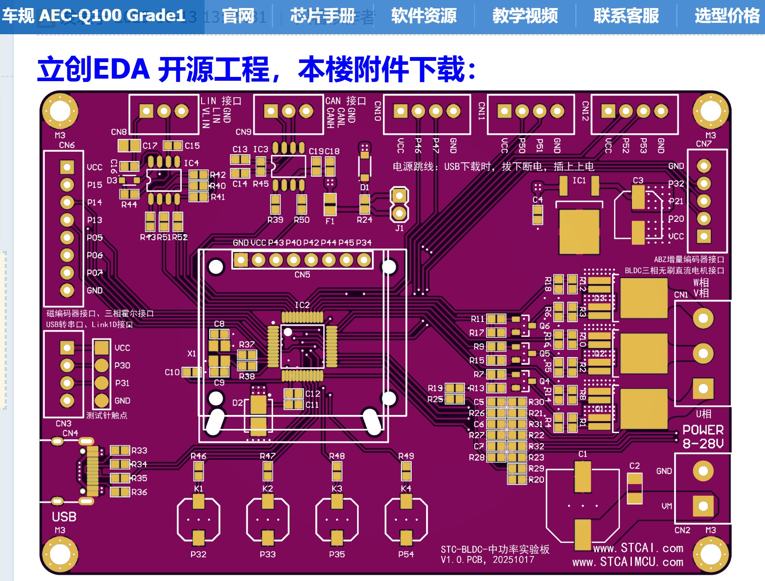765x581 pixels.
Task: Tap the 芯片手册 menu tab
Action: [322, 16]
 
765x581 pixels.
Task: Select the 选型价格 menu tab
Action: [727, 16]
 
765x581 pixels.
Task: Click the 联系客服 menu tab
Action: [626, 16]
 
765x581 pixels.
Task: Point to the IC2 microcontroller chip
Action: [302, 346]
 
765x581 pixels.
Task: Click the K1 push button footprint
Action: [198, 519]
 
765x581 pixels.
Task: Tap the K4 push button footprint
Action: [406, 519]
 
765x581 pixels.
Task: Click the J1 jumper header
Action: [399, 205]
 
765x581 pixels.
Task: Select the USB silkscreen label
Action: [64, 517]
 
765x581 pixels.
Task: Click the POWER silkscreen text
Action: [703, 430]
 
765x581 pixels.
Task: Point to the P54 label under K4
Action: [406, 554]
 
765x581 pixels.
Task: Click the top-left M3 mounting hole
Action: [60, 111]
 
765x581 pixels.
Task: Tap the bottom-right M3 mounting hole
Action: [710, 554]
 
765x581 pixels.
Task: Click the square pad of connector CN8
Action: [146, 111]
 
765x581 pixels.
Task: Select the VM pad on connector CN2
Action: [703, 506]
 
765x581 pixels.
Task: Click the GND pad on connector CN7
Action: [704, 166]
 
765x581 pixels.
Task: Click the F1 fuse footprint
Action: [330, 205]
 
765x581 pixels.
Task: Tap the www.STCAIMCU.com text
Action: [628, 562]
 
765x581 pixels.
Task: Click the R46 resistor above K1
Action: [198, 471]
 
